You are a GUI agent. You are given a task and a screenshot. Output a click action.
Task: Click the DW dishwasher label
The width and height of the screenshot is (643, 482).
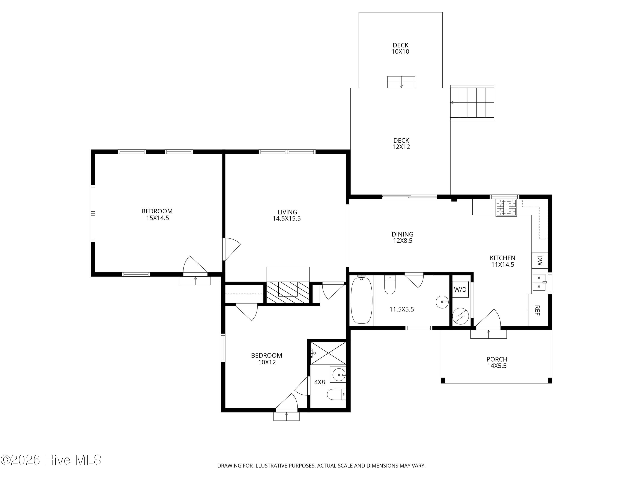point(540,261)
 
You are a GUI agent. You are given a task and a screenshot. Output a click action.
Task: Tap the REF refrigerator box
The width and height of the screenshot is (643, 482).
point(538,310)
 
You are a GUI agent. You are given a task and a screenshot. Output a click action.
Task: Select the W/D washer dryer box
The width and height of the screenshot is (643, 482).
point(460,289)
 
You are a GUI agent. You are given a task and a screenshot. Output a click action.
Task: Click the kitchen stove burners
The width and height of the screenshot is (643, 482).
point(506,208)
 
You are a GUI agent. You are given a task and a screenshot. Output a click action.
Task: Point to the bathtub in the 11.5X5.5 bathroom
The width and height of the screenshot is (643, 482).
point(362,300)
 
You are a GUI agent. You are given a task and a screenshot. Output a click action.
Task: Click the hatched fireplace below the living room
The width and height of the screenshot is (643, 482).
point(288,293)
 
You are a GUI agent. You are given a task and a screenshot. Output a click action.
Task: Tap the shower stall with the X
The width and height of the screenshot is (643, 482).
point(328,353)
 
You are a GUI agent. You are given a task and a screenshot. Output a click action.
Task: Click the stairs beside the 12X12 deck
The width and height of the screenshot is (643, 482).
point(472,103)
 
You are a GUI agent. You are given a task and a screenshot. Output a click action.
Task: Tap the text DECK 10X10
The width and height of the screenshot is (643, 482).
point(400,48)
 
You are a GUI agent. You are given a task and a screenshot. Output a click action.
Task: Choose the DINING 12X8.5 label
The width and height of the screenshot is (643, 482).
point(402,237)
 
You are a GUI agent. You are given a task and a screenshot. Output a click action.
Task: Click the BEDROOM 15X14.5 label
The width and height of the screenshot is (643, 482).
point(157,214)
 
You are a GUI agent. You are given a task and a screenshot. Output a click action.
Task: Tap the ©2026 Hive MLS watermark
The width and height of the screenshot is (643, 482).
point(51,460)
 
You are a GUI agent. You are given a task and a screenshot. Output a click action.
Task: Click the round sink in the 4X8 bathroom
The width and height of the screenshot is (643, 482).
point(338,375)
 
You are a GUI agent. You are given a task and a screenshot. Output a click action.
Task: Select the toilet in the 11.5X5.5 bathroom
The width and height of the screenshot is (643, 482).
point(390,285)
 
